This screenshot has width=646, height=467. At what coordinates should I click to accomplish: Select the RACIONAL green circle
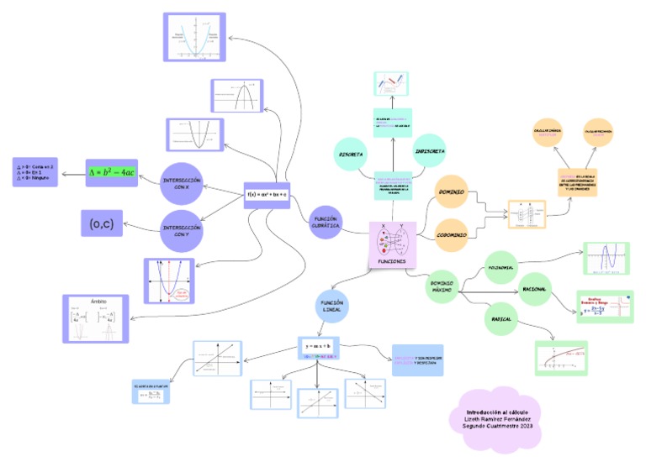[x=535, y=289]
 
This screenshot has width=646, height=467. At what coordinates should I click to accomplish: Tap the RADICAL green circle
[x=501, y=319]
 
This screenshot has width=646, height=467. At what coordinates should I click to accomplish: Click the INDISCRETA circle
[x=430, y=151]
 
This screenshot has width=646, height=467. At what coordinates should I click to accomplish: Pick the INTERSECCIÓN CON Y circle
[x=183, y=230]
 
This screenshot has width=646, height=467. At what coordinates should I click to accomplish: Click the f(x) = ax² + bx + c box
[x=266, y=195]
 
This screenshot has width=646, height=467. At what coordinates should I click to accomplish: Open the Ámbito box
[x=95, y=318]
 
